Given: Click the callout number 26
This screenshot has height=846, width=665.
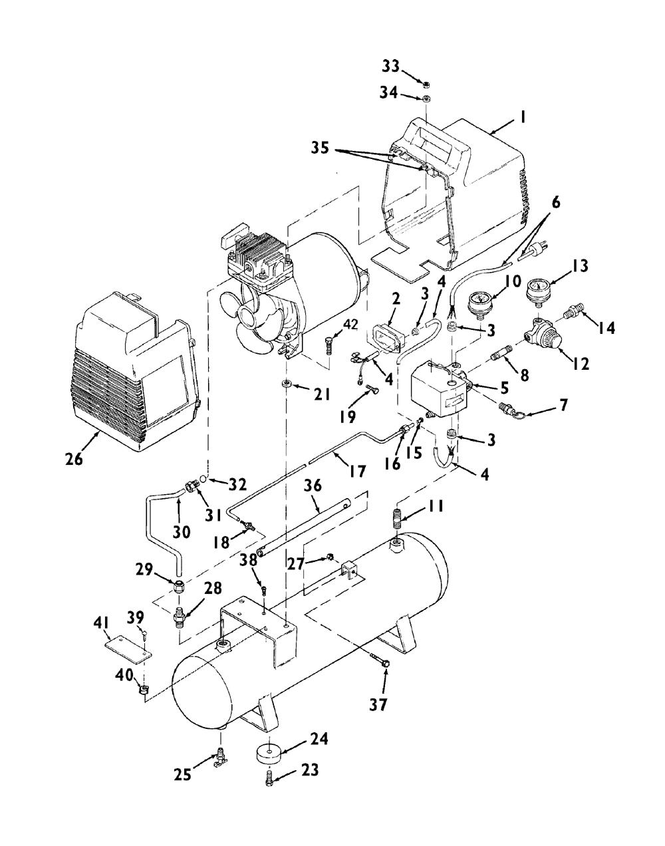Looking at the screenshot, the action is click(74, 458).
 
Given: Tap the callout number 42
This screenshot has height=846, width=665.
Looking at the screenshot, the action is click(350, 325).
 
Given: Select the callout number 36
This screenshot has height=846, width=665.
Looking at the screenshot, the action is click(313, 486).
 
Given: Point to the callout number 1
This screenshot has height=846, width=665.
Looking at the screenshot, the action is click(522, 117).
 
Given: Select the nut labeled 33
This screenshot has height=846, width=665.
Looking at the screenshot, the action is click(426, 84).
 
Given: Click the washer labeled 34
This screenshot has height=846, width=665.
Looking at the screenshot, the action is click(426, 98).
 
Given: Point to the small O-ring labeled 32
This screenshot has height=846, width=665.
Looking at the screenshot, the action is click(203, 480).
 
